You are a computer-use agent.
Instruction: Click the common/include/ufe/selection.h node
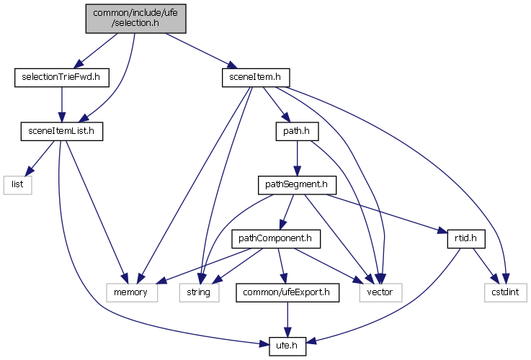click(x=135, y=17)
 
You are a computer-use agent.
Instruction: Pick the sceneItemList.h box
click(x=61, y=131)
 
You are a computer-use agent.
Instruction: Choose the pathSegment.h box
click(x=297, y=185)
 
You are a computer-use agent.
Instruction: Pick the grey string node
click(x=198, y=292)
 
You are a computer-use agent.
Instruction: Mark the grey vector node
click(x=380, y=292)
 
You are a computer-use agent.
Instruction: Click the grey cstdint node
click(x=504, y=292)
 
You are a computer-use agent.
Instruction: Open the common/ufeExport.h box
click(x=287, y=292)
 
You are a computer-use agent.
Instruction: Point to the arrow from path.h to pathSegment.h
click(x=297, y=158)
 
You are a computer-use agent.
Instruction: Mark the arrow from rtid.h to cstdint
click(x=481, y=266)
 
